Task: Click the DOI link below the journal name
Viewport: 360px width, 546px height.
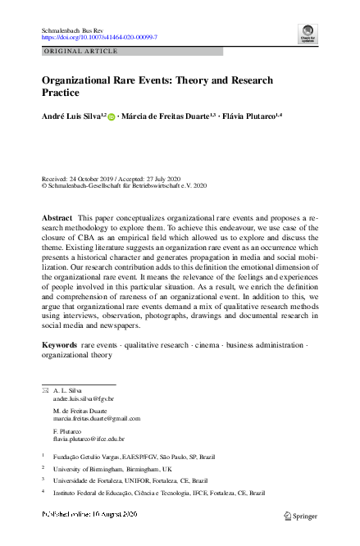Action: (x=99, y=38)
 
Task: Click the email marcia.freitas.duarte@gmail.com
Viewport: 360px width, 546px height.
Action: (x=96, y=418)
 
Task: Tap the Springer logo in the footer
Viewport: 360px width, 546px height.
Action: (x=300, y=515)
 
